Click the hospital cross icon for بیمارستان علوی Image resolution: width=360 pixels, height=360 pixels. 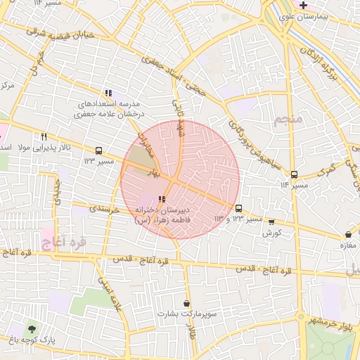click(x=303, y=5)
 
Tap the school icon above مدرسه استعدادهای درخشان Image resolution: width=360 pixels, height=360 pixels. click(x=108, y=92)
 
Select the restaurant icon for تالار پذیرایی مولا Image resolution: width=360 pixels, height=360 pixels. click(x=44, y=136)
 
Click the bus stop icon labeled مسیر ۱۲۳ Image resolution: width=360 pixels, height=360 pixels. click(x=98, y=150)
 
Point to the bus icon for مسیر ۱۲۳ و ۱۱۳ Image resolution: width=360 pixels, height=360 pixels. click(x=239, y=208)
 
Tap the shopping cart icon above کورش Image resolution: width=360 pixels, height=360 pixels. click(x=272, y=222)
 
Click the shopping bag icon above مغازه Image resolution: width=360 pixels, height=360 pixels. click(x=347, y=234)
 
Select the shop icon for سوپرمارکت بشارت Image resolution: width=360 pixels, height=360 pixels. click(x=186, y=303)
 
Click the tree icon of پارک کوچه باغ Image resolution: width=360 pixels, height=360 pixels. click(x=30, y=328)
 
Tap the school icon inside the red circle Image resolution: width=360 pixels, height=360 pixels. click(x=162, y=199)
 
